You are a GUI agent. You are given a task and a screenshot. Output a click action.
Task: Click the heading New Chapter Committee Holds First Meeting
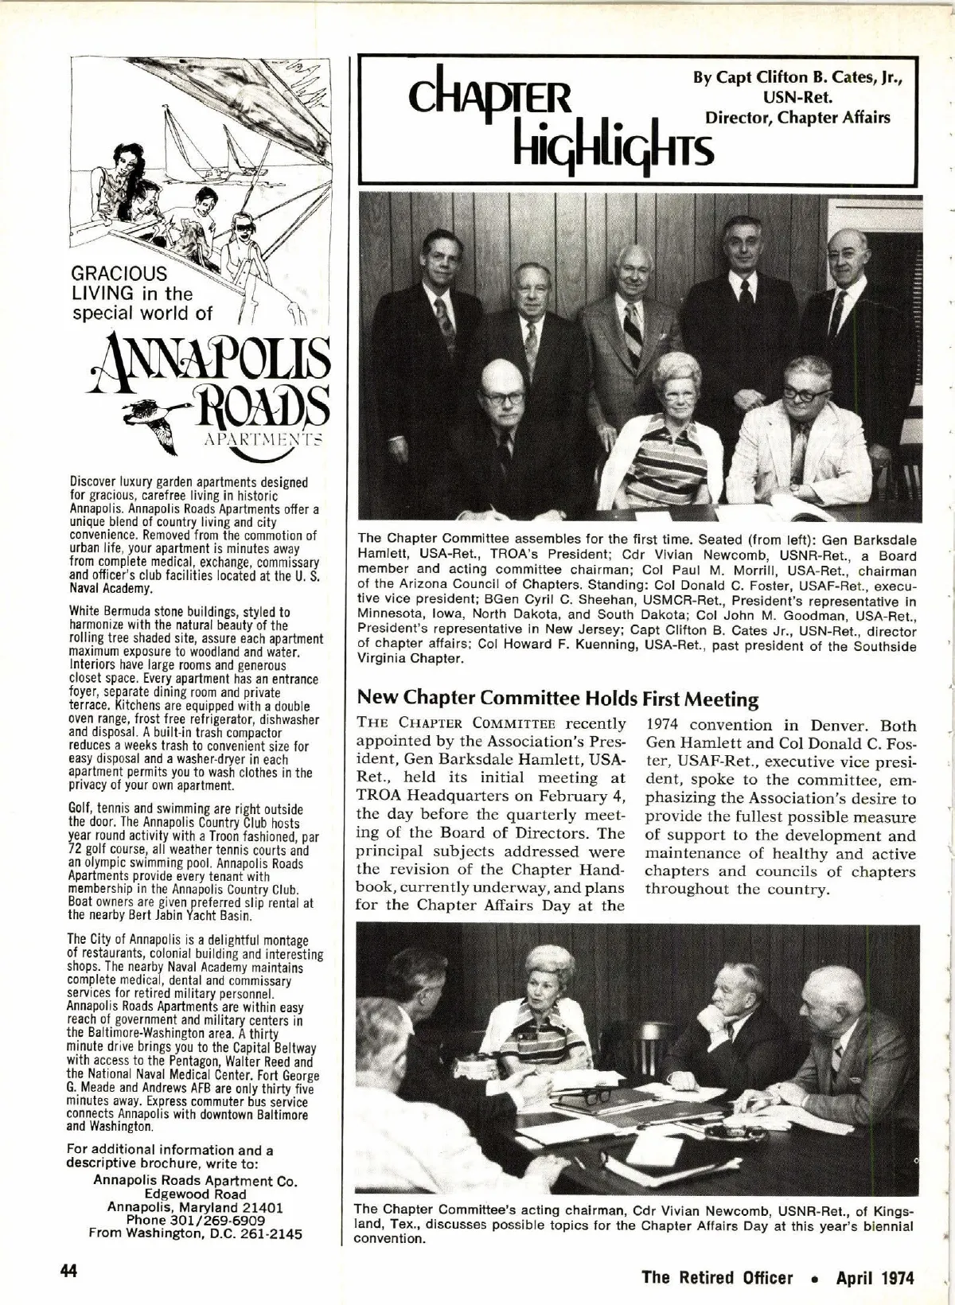pyautogui.click(x=558, y=699)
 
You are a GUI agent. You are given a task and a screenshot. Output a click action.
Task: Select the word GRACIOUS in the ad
pyautogui.click(x=119, y=274)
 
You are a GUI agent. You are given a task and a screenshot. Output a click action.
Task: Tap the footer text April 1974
pyautogui.click(x=875, y=1278)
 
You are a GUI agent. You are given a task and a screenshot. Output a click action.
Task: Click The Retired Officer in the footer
pyautogui.click(x=717, y=1278)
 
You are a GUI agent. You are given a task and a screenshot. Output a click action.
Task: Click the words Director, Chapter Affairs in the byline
pyautogui.click(x=797, y=118)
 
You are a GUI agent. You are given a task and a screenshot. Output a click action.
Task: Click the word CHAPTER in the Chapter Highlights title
pyautogui.click(x=490, y=99)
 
